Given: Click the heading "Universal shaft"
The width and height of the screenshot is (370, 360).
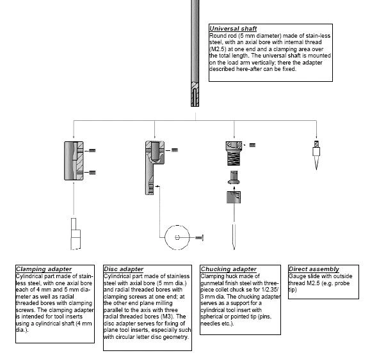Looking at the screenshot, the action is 233,29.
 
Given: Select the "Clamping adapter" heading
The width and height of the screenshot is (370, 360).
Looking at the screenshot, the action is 44,269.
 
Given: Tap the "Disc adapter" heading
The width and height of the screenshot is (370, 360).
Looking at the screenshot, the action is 124,269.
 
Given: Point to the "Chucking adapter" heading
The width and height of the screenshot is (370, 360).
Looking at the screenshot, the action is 229,269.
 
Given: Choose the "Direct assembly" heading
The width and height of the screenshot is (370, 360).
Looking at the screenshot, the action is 314,269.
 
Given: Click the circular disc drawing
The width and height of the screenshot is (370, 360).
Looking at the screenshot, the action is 177,237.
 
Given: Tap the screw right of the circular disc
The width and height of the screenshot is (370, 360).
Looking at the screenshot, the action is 199,238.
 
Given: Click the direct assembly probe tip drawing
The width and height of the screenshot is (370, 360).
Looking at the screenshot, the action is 316,155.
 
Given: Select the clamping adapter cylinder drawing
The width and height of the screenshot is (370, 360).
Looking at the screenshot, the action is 74,160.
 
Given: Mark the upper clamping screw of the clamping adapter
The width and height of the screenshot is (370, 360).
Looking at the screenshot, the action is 92,150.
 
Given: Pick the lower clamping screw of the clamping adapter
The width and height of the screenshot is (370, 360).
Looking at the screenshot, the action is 92,173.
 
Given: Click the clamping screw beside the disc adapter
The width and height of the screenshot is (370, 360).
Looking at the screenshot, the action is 175,150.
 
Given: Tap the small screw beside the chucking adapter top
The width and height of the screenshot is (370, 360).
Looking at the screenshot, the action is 252,145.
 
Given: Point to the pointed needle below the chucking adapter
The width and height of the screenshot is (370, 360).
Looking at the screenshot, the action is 234,237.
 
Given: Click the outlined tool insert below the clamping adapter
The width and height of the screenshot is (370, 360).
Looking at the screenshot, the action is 76,234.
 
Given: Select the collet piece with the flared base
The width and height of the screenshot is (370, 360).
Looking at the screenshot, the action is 234,178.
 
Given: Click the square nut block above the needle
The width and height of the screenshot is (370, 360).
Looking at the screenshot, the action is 234,197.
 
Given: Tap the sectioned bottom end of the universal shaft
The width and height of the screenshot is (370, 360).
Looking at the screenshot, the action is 195,94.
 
